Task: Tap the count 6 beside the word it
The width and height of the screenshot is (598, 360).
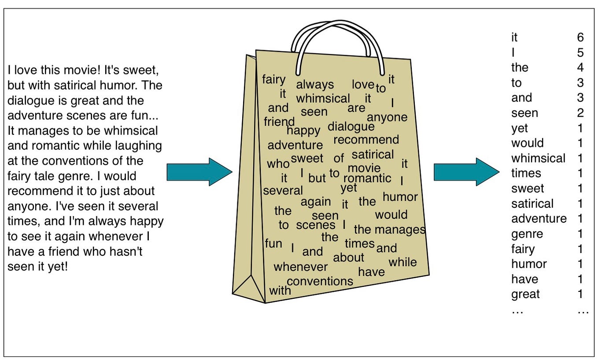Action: pos(580,37)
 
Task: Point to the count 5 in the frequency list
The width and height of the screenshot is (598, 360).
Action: pos(580,53)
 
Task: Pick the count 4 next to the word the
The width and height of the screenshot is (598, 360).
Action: pos(580,68)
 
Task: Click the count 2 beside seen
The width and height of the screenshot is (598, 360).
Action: pos(580,113)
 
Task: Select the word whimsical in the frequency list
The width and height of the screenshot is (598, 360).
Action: pos(538,158)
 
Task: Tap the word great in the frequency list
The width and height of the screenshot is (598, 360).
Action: pos(525,294)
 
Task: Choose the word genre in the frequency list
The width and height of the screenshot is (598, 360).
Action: pos(527,234)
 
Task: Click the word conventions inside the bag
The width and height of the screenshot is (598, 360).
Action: pos(320,281)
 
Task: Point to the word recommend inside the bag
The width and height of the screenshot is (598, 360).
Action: pos(366,140)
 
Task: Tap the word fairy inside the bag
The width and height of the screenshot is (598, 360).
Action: pos(273,80)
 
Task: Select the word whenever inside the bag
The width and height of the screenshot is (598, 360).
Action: pos(301,267)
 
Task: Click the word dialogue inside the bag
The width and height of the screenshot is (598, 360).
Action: pos(351,127)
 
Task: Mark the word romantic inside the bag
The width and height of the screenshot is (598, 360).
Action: pos(367,178)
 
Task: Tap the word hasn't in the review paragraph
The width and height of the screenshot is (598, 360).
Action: pos(128,252)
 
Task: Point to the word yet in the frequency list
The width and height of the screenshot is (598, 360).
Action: pos(519,128)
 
